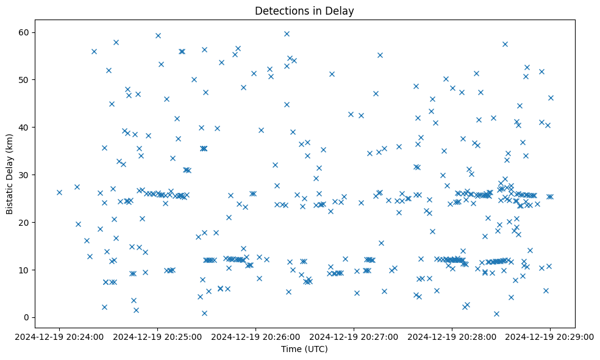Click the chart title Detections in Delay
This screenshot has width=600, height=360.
click(304, 11)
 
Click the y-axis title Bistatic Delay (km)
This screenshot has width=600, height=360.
click(10, 167)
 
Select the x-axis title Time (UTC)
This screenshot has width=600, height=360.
click(304, 349)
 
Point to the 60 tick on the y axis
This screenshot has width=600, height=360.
click(26, 32)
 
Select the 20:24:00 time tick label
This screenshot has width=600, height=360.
click(59, 336)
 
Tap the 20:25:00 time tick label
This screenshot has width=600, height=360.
click(157, 336)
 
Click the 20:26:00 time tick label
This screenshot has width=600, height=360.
click(255, 336)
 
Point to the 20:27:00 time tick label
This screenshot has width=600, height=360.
click(354, 336)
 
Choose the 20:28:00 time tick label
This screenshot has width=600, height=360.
click(452, 336)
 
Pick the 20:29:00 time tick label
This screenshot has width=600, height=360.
click(550, 336)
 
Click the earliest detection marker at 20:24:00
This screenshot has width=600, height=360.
click(59, 192)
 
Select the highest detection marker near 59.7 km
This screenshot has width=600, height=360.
click(287, 34)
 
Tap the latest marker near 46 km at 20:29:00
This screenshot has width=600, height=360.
click(551, 98)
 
